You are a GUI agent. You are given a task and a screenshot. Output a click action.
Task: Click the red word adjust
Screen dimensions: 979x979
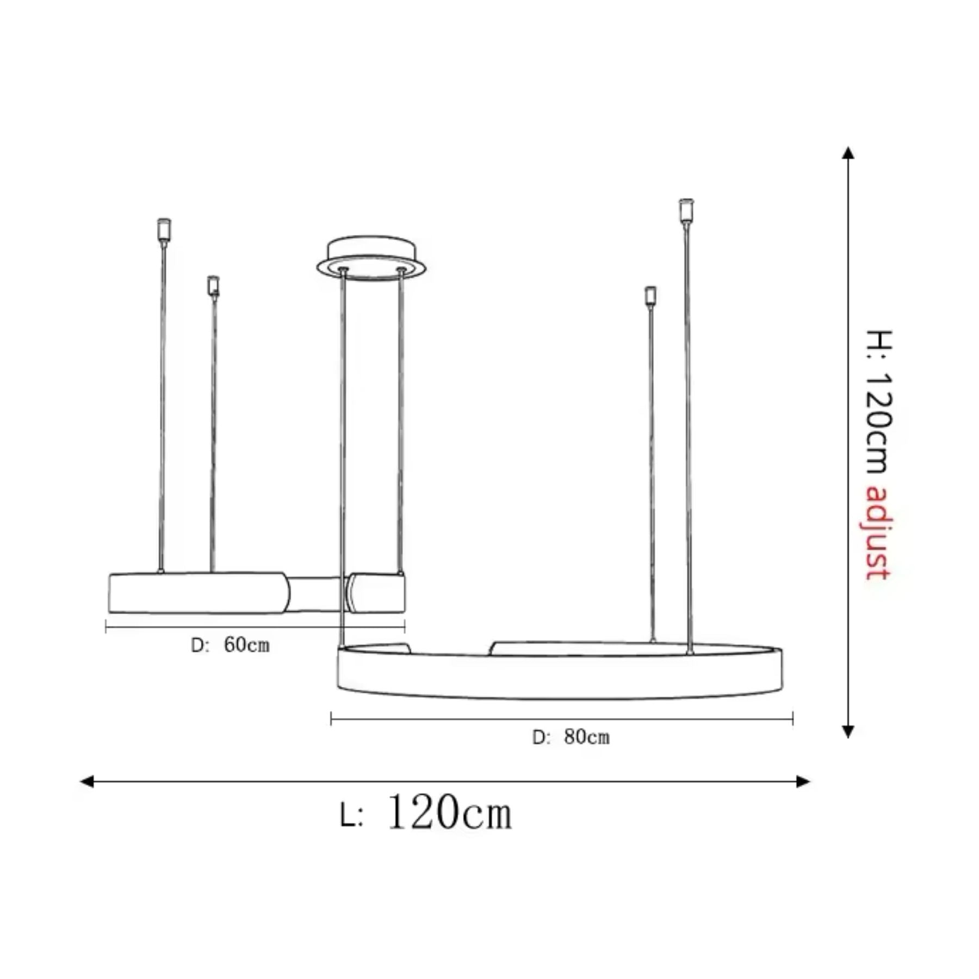tap(877, 533)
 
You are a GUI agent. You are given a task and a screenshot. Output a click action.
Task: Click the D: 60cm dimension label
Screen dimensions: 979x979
tap(230, 645)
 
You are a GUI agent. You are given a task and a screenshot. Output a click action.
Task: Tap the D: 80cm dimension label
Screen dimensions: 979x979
tap(571, 738)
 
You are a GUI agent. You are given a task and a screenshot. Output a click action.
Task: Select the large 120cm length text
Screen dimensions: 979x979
tap(449, 813)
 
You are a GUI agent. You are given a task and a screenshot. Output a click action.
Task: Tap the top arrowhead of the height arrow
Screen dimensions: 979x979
tap(848, 153)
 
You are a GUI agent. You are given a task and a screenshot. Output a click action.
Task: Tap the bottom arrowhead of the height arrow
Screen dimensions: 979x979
tap(848, 732)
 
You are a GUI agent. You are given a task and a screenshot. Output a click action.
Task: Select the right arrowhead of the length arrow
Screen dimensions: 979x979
tap(803, 782)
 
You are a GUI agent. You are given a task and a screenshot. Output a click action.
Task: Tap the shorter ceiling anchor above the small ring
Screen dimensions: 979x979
tap(213, 286)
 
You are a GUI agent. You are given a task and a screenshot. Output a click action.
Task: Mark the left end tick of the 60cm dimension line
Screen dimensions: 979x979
tap(106, 628)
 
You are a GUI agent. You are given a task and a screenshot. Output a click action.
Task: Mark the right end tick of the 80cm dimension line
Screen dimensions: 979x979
tap(792, 719)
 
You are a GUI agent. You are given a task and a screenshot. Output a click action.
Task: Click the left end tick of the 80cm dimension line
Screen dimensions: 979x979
tap(331, 719)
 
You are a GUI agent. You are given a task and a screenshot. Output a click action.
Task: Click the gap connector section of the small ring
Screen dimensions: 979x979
tap(315, 594)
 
